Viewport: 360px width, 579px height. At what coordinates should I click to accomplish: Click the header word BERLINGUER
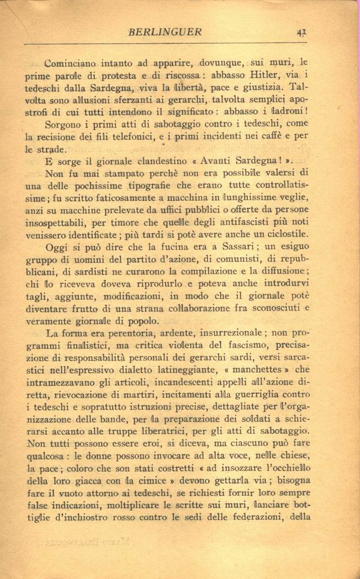tap(165, 32)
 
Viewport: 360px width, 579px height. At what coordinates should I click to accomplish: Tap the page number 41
tap(301, 32)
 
